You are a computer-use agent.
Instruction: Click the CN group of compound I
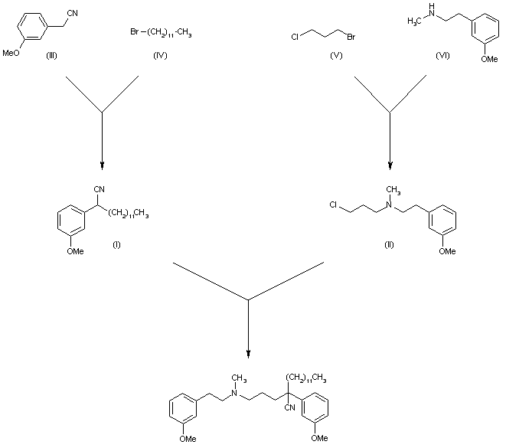97,188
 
